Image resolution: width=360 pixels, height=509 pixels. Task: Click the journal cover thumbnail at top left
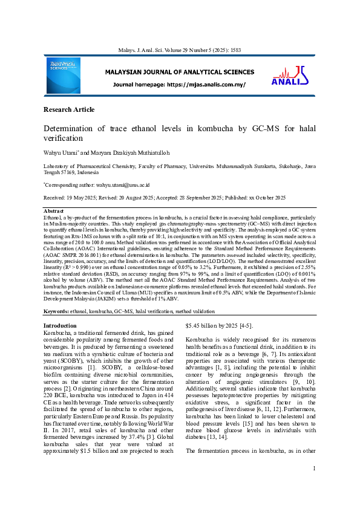62,76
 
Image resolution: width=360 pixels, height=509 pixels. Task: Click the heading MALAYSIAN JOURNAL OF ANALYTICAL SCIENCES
179,72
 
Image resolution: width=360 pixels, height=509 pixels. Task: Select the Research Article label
69,109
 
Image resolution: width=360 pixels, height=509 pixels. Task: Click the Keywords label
56,311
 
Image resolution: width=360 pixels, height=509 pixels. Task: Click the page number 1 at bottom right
315,485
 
